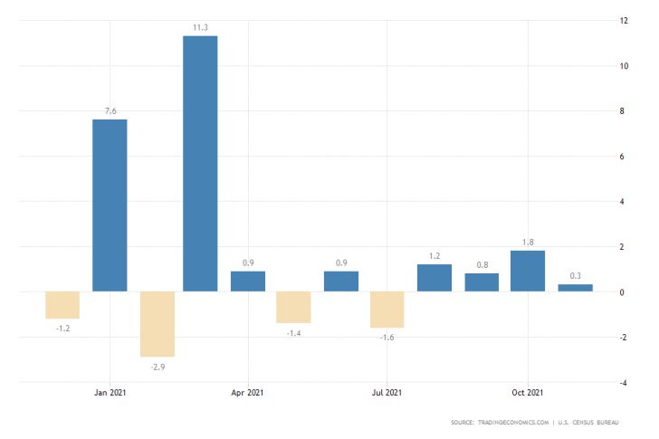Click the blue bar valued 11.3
pos(200,164)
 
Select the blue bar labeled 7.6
pos(110,205)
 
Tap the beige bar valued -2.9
pos(156,324)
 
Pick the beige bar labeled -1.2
pos(62,305)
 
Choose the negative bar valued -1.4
pos(293,307)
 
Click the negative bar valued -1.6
pos(387,310)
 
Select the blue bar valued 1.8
pos(528,271)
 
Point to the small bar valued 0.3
pos(575,288)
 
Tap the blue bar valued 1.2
pos(435,278)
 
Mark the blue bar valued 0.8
pos(482,282)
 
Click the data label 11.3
pos(200,28)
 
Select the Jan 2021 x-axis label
pos(110,393)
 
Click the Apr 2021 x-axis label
pos(248,393)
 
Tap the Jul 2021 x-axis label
pos(387,393)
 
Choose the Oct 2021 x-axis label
pos(526,393)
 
